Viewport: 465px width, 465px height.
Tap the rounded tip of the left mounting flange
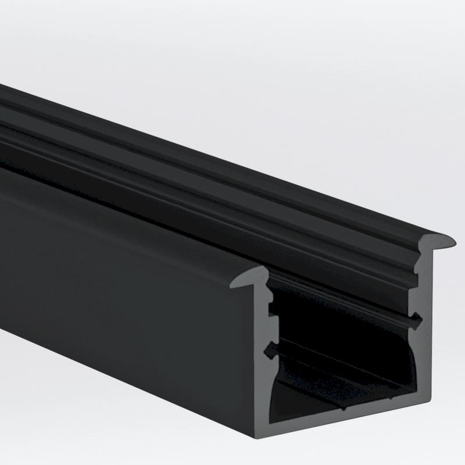pos(237,283)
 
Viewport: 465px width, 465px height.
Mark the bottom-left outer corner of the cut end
pos(257,431)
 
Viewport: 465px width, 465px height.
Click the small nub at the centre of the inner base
pos(344,406)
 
